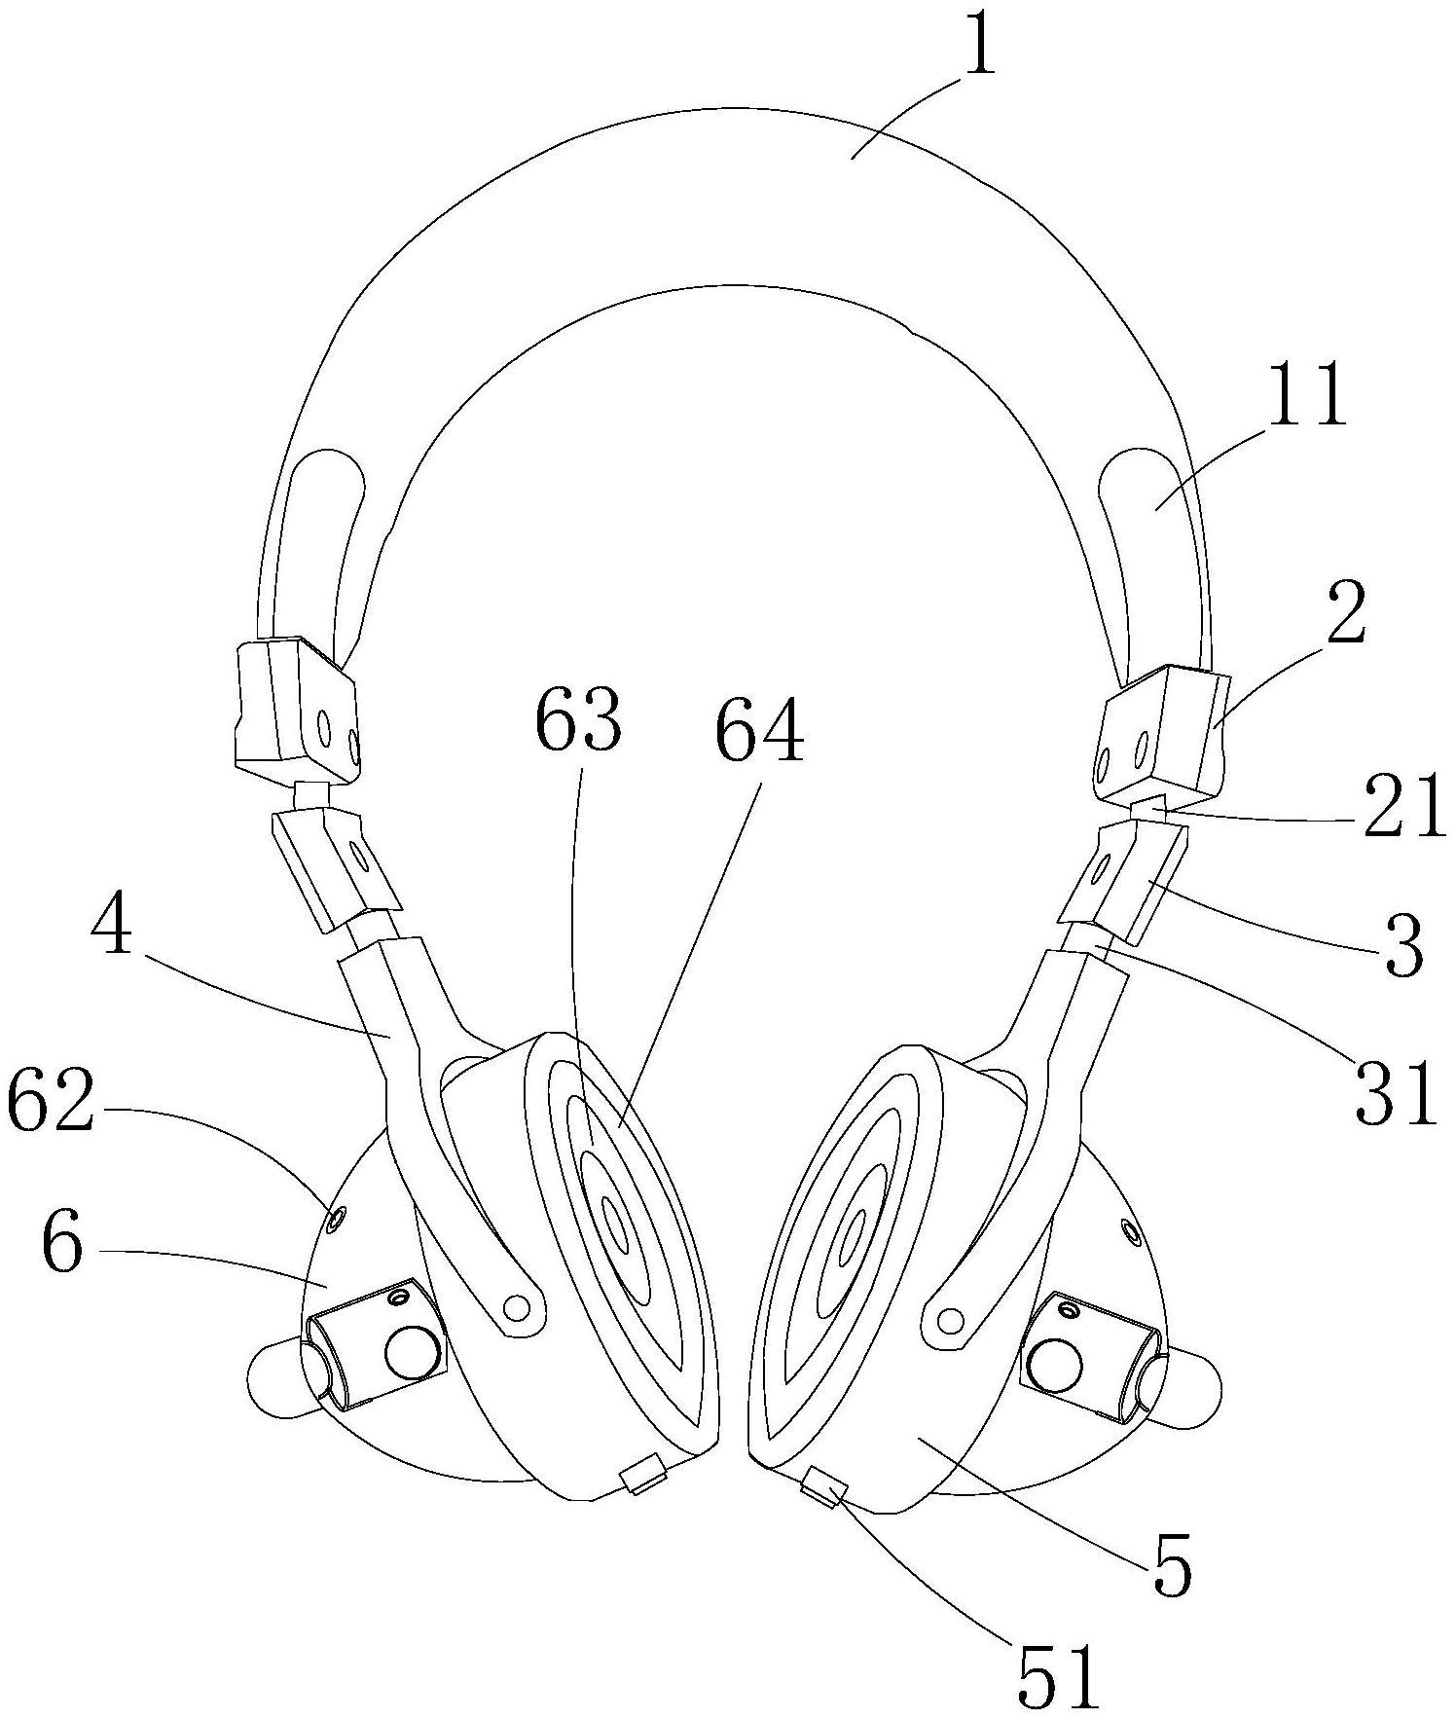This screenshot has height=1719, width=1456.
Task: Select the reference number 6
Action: pyautogui.click(x=61, y=1246)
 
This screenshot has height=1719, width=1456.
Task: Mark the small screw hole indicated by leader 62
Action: pyautogui.click(x=338, y=1217)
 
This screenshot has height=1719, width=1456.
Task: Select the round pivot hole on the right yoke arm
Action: pyautogui.click(x=949, y=1319)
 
